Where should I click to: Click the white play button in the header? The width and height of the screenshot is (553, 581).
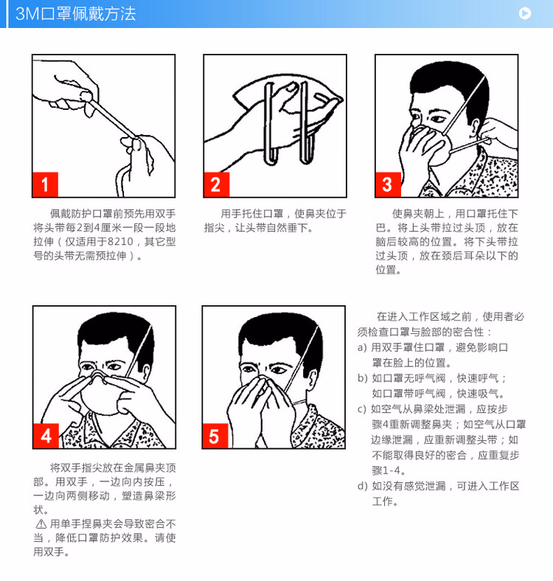524,13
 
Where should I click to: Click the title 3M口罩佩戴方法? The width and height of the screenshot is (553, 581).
76,14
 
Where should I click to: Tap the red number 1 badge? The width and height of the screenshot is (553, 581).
45,184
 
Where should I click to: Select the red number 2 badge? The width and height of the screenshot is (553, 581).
217,184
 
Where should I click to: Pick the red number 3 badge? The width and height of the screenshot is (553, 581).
388,184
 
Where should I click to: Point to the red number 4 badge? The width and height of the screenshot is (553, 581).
46,436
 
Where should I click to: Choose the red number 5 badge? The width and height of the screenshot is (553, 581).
215,436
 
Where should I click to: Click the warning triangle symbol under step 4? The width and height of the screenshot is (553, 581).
41,524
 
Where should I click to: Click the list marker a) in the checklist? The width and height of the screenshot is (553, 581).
362,347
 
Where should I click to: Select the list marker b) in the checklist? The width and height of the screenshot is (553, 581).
362,378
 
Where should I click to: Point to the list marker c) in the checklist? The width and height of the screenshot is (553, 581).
362,409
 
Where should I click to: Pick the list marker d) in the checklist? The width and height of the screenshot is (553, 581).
362,486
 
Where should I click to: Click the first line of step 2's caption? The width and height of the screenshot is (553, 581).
284,214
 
